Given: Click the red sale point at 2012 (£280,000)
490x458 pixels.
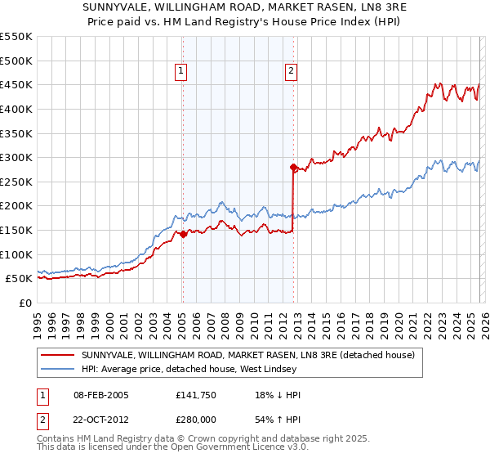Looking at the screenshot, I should point(293,167).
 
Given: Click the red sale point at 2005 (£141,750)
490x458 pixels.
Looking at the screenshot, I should point(183,234).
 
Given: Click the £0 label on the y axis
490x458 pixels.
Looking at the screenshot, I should point(24,303).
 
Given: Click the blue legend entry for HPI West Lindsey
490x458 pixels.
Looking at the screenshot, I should point(212,370).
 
